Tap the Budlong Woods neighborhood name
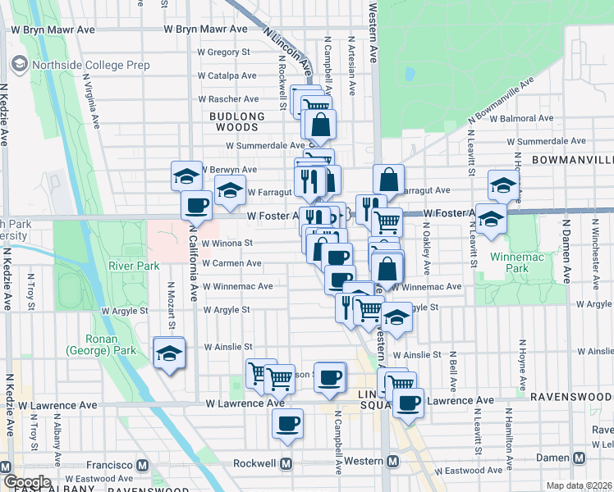tap(237, 121)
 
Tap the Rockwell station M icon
tap(286, 463)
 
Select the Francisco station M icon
tap(143, 465)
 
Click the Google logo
tap(27, 482)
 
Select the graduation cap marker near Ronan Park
tap(169, 354)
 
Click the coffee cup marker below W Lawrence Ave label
tap(287, 424)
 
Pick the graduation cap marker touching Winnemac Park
tap(491, 219)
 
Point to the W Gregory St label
tap(225, 52)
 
